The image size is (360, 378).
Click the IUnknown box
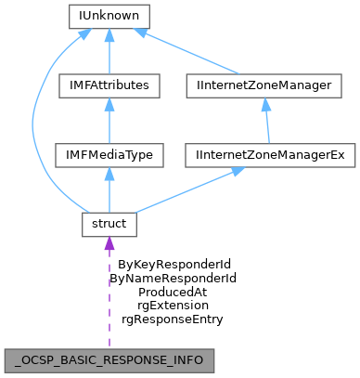(109, 16)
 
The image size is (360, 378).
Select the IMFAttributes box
(109, 85)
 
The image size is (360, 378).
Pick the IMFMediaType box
(109, 155)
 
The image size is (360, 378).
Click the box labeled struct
(109, 224)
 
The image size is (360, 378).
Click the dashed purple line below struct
(109, 297)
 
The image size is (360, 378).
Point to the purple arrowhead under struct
(109, 243)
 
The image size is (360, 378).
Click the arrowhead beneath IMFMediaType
(109, 174)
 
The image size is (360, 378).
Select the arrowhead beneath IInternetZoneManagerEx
(238, 172)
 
